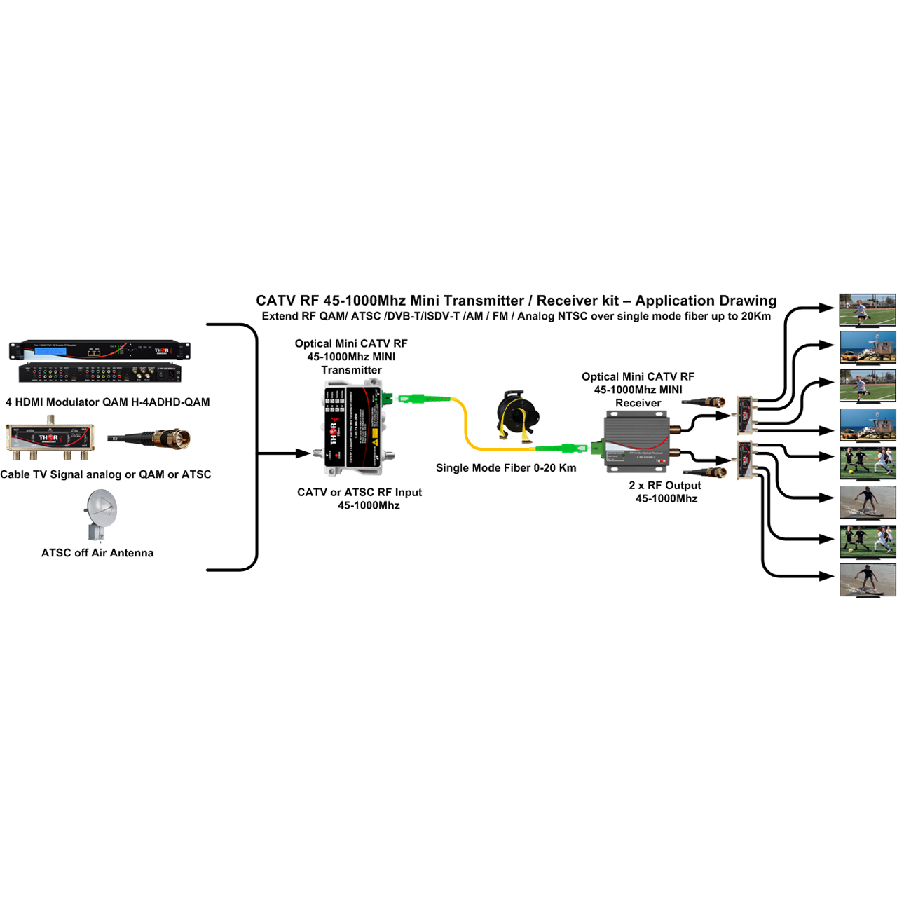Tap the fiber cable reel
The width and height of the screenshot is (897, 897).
click(518, 416)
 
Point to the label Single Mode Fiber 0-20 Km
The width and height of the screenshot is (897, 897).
click(506, 468)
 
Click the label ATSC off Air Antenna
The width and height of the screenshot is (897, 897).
click(97, 553)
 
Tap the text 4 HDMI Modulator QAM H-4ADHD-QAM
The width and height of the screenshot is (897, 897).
click(108, 402)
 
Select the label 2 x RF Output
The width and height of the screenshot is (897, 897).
click(665, 486)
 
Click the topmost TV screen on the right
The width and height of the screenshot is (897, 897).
click(868, 310)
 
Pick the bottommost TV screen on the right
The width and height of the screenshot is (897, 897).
click(868, 580)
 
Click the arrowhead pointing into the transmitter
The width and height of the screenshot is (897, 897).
click(303, 453)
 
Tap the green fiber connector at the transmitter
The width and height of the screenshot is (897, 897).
click(413, 399)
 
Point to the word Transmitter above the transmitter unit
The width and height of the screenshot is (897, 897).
click(351, 370)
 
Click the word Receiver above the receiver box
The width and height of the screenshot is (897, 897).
click(638, 403)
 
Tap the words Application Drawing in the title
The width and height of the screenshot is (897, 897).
click(706, 301)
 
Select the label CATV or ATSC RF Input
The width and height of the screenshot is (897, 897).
click(360, 493)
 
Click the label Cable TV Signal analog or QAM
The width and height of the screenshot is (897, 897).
click(106, 474)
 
